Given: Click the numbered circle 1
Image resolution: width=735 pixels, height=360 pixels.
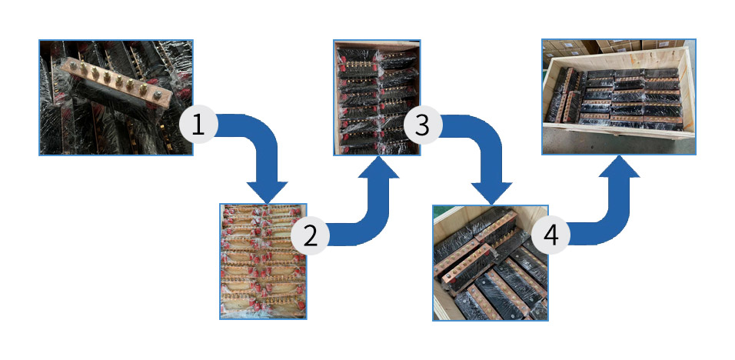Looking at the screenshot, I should coord(198,125).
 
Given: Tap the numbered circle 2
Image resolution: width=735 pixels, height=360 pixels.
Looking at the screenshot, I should coord(310,235).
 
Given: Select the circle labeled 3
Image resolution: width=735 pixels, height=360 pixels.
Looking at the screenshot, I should coord(421,125).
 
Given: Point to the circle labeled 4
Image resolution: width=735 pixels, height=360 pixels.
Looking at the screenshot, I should coord(550,235).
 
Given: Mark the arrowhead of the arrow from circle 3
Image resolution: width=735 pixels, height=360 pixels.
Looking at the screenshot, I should coord(491,191).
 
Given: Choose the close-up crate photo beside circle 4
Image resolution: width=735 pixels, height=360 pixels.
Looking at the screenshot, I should coord(490,262).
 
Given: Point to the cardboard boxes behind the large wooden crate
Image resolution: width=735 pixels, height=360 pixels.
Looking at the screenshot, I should coord(615,48).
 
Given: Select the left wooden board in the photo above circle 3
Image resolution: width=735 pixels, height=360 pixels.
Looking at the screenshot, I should coord(338,92).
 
